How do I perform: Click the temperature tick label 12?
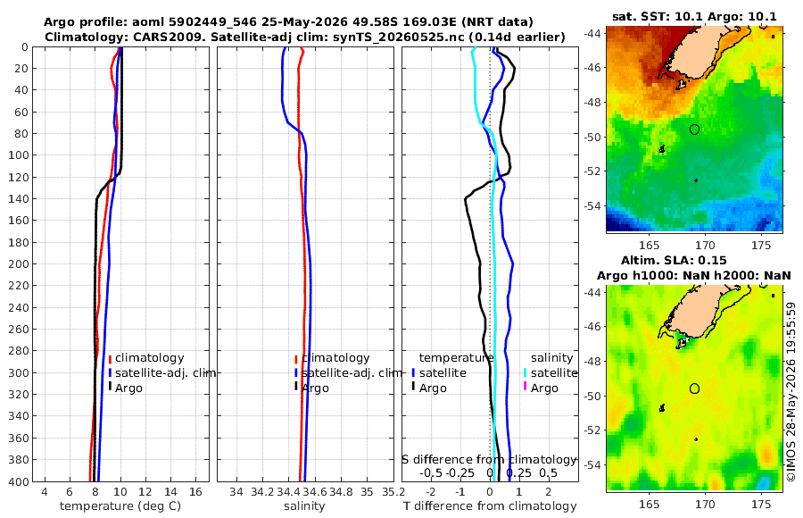(x=145, y=492)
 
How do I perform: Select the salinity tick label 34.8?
(x=341, y=492)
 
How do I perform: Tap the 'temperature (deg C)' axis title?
(x=120, y=506)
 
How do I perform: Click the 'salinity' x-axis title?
(x=304, y=506)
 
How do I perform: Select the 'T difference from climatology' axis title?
(x=490, y=506)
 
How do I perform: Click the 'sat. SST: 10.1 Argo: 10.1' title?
(x=694, y=16)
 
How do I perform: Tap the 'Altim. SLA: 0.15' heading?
(x=674, y=261)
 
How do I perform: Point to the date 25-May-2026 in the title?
(x=297, y=22)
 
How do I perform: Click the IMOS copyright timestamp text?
(x=791, y=391)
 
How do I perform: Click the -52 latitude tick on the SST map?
(x=593, y=171)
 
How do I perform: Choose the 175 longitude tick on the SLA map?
(x=761, y=504)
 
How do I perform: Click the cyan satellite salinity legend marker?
(x=525, y=372)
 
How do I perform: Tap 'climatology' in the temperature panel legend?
(x=150, y=358)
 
